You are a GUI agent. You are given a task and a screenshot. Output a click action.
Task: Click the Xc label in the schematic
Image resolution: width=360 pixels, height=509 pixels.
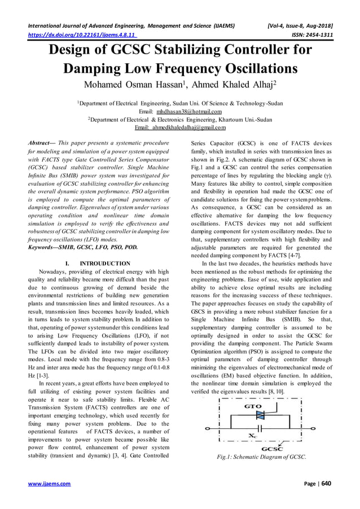254,435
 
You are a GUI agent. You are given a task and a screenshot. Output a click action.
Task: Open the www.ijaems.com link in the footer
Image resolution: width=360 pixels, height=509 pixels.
49,484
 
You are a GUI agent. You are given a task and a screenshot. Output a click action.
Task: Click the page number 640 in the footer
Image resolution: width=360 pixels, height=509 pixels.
327,484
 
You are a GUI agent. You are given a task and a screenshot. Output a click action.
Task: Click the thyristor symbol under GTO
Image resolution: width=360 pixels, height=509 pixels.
260,415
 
